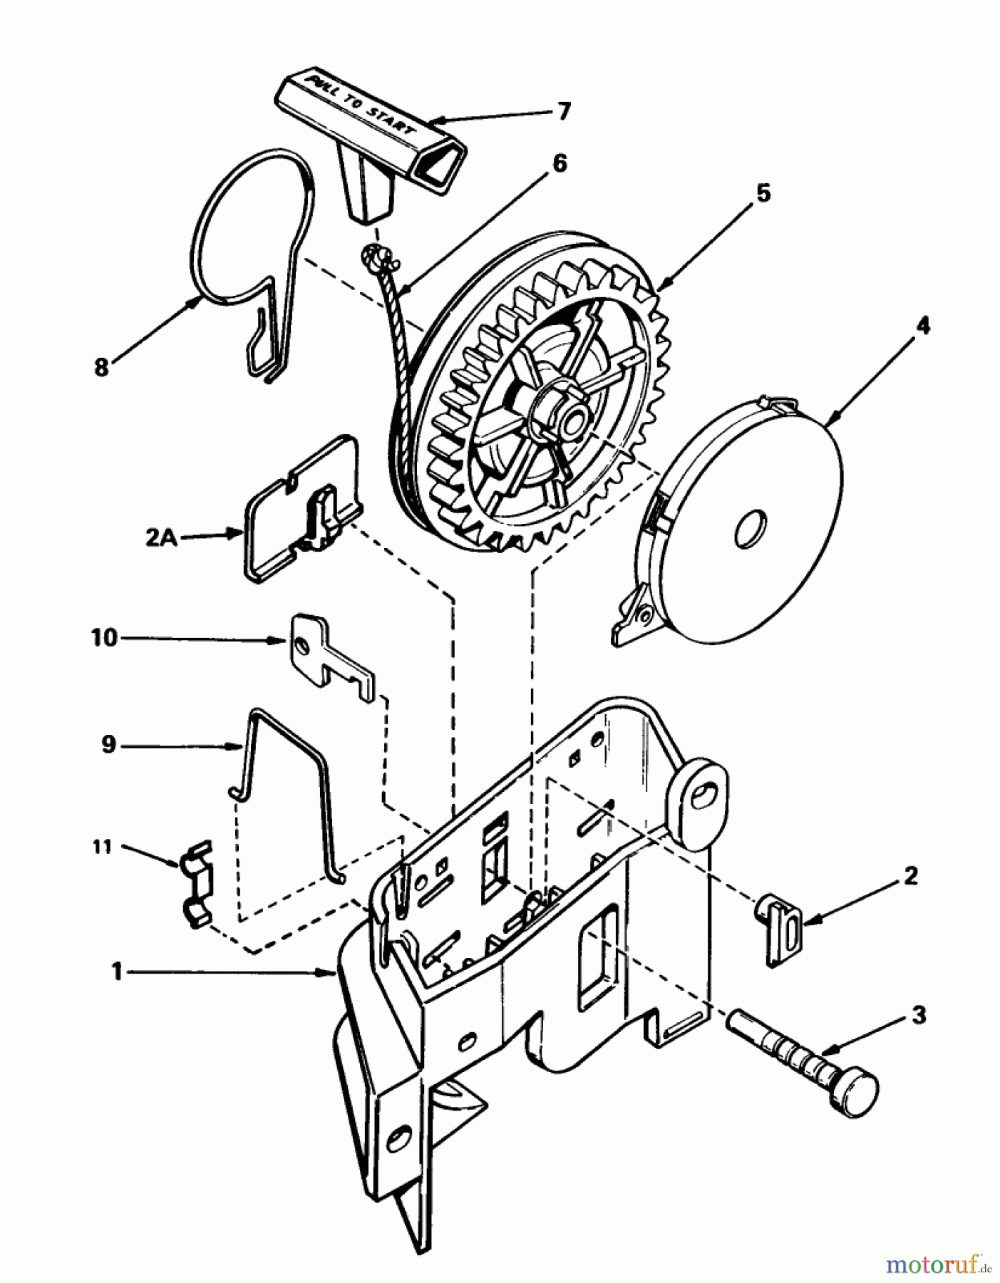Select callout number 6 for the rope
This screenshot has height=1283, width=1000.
(x=560, y=163)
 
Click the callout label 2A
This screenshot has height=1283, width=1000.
(x=162, y=537)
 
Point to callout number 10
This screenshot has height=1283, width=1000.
(x=104, y=637)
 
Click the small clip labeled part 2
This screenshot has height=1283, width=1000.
(x=781, y=929)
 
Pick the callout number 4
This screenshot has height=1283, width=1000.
(x=922, y=325)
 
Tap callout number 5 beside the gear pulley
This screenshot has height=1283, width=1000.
(x=763, y=192)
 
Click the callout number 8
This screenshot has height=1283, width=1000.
(x=101, y=367)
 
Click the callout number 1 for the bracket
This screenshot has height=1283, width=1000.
(x=117, y=971)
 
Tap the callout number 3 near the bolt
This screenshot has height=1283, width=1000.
(x=919, y=1015)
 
